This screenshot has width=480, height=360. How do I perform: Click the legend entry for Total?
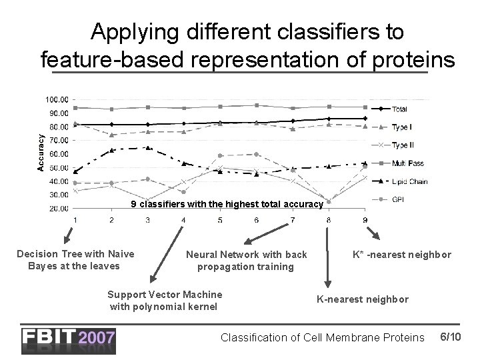(x=399, y=109)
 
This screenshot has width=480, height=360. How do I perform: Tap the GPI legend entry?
(x=397, y=199)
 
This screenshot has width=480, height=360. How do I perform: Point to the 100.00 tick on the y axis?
(x=56, y=99)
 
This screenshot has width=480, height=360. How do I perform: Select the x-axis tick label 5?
(x=220, y=220)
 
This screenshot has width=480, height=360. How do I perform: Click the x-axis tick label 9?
(x=364, y=220)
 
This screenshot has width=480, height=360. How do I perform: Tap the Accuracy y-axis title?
(x=40, y=152)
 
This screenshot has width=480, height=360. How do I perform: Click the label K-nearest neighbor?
(x=363, y=299)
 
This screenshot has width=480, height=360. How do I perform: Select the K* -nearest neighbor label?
(x=401, y=255)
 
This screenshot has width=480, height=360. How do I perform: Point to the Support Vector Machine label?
(x=165, y=300)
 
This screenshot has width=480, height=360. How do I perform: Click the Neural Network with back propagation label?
(x=246, y=260)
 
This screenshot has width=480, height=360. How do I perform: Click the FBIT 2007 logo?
(x=69, y=340)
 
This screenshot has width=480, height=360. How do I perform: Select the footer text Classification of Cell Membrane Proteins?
(x=322, y=339)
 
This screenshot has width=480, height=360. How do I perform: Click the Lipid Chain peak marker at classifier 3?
(x=148, y=147)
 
